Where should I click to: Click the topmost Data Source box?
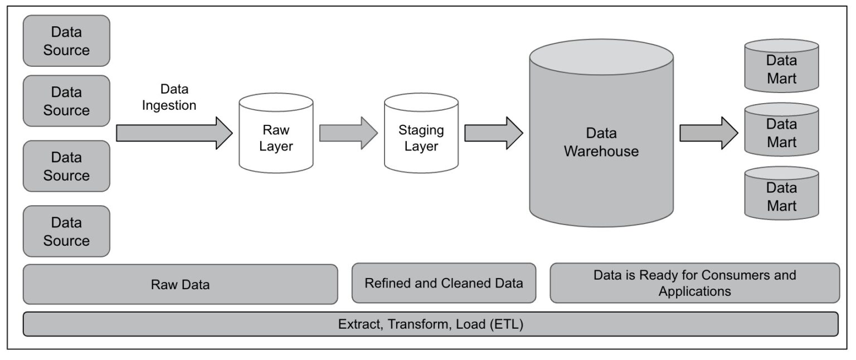(x=66, y=41)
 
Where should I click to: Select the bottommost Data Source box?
(x=66, y=231)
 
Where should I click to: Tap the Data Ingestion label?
(x=169, y=98)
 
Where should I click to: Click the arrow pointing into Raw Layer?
(x=173, y=133)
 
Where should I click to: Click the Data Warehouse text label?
(x=601, y=142)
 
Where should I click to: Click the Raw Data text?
(x=180, y=285)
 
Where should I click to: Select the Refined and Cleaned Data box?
(x=444, y=283)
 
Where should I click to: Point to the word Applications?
(x=694, y=291)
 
